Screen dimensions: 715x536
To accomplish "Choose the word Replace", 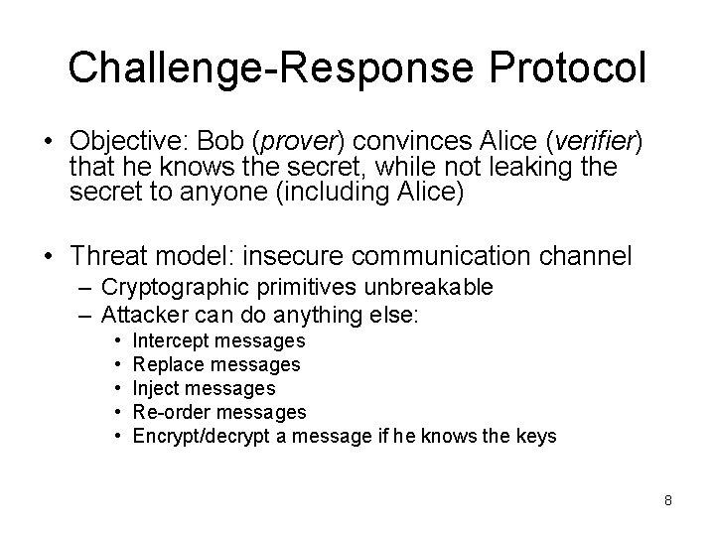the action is coord(166,364).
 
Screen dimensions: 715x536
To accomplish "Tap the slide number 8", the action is coord(668,500).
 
